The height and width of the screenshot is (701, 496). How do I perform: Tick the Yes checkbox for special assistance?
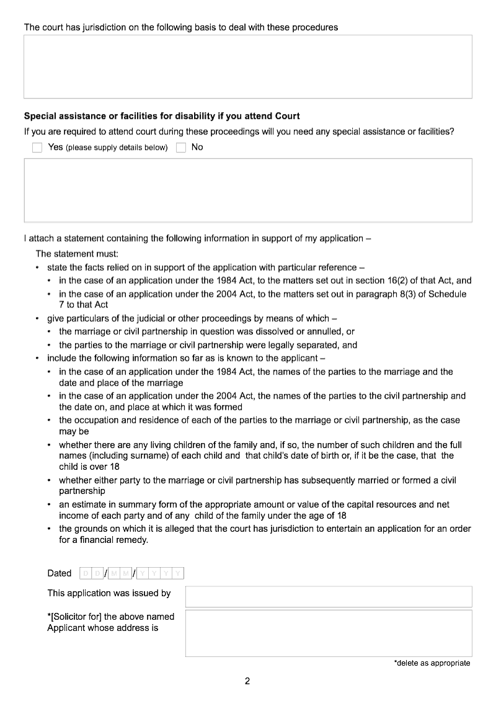click(37, 148)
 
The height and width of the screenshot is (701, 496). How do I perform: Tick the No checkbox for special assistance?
click(181, 148)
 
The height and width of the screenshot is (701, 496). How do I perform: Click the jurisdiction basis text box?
click(248, 66)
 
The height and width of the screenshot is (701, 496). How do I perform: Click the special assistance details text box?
click(248, 190)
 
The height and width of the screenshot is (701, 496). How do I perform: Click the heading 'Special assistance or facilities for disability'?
click(162, 116)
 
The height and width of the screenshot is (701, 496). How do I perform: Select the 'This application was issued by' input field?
click(329, 596)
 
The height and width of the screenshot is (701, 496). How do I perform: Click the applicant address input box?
click(329, 633)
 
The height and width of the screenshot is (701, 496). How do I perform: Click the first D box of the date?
click(86, 573)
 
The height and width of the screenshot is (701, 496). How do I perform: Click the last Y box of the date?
click(178, 573)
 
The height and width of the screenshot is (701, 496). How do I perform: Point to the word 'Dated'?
click(60, 573)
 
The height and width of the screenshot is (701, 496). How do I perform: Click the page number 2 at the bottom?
click(247, 682)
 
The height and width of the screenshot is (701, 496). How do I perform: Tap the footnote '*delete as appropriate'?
click(432, 663)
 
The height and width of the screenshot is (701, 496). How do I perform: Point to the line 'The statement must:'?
click(73, 254)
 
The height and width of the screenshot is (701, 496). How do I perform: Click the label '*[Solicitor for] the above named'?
click(111, 616)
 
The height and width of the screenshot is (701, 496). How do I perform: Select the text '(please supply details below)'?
click(117, 148)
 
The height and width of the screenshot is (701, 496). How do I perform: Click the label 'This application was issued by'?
click(109, 593)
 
